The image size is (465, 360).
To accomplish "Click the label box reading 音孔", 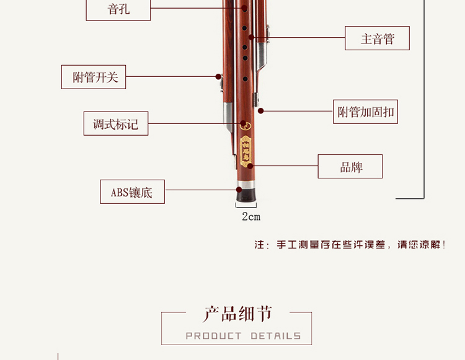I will pyautogui.click(x=118, y=10).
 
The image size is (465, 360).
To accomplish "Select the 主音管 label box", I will pyautogui.click(x=377, y=38).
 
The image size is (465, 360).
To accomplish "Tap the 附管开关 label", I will pyautogui.click(x=94, y=77).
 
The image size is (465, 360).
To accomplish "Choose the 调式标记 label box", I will pyautogui.click(x=116, y=124).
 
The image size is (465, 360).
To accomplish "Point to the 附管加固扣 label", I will pyautogui.click(x=365, y=112).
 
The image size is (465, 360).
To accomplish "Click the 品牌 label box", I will pyautogui.click(x=350, y=167).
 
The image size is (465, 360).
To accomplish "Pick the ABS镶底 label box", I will pyautogui.click(x=132, y=192).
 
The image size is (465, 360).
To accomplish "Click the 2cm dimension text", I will pyautogui.click(x=250, y=216).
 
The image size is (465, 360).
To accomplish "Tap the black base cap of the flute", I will pyautogui.click(x=246, y=195).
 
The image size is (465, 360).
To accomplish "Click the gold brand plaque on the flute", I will pyautogui.click(x=246, y=152).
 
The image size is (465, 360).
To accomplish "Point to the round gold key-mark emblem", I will pyautogui.click(x=246, y=125).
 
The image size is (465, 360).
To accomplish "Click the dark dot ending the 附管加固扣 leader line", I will pyautogui.click(x=261, y=111).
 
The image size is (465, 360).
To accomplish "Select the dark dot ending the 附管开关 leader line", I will pyautogui.click(x=218, y=77).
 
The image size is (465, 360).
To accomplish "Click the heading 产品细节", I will pyautogui.click(x=237, y=314).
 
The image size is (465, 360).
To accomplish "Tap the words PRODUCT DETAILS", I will pyautogui.click(x=243, y=336).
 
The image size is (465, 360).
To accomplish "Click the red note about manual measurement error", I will pyautogui.click(x=350, y=245).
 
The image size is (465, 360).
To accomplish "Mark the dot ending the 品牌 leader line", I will pyautogui.click(x=251, y=166).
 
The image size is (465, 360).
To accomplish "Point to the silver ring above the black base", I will pyautogui.click(x=246, y=185).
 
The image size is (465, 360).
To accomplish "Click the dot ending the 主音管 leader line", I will pyautogui.click(x=252, y=38).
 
